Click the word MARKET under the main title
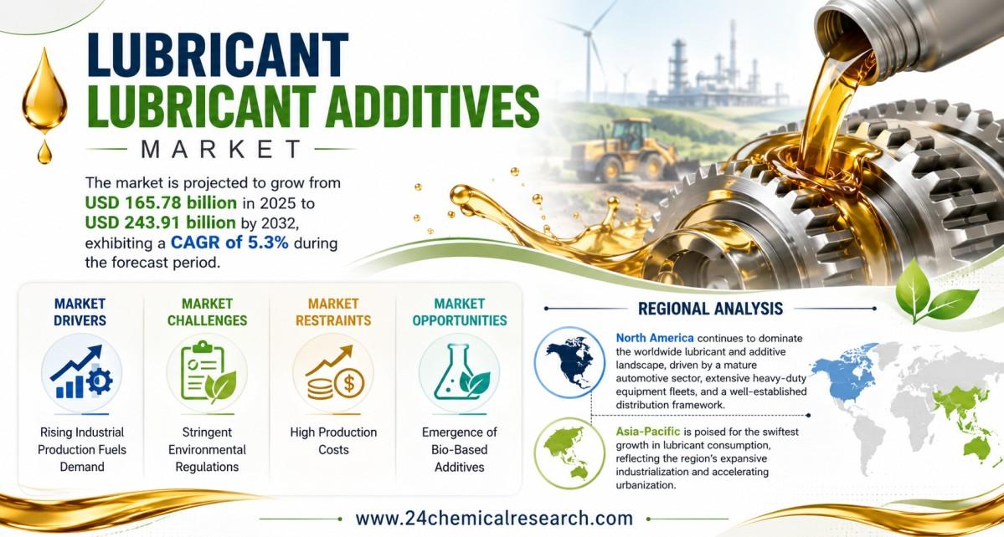tap(221, 149)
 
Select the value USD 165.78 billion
tap(161, 202)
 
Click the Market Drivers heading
tap(80, 312)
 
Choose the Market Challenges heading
tap(207, 312)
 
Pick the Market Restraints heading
tap(333, 312)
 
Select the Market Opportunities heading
tap(459, 312)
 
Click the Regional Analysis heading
tap(710, 308)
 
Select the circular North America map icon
tap(569, 362)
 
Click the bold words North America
tap(654, 338)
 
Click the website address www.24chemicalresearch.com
tap(494, 518)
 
